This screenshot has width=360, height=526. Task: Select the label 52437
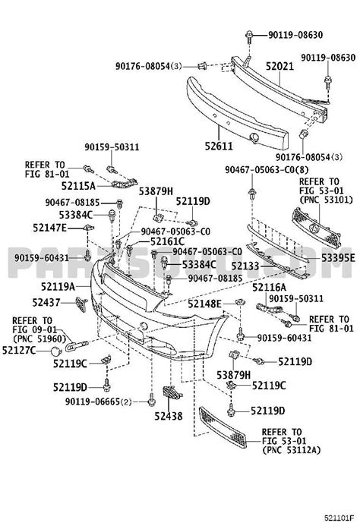48,302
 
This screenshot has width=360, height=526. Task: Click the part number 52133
246,266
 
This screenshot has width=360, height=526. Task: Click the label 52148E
204,304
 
